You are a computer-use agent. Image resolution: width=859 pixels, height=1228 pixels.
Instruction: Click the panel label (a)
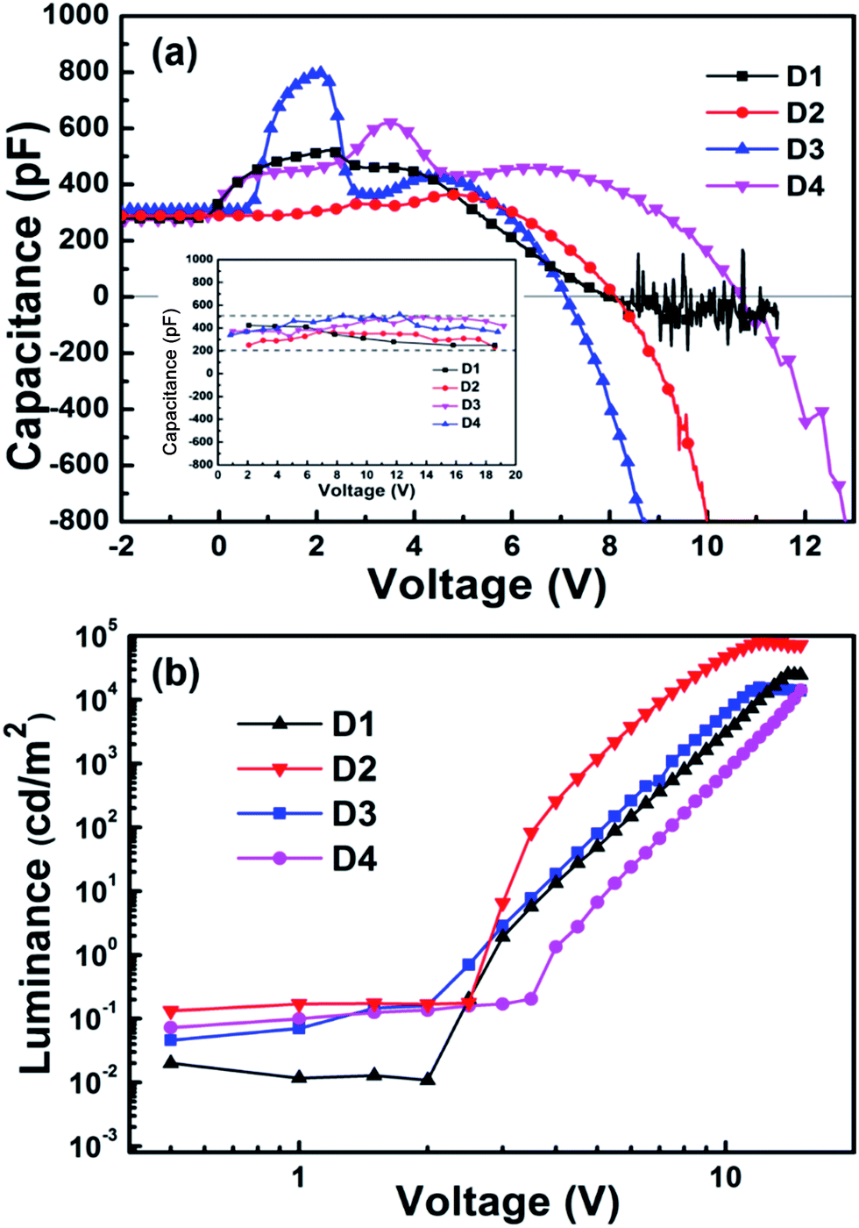click(x=174, y=55)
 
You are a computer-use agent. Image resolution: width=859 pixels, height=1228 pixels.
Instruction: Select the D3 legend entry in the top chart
click(x=805, y=149)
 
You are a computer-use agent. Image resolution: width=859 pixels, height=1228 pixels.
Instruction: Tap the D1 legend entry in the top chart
click(x=805, y=77)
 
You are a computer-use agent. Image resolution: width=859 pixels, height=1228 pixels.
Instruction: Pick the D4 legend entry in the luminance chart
click(x=354, y=859)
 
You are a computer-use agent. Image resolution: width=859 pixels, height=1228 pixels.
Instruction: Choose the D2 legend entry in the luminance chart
click(x=354, y=769)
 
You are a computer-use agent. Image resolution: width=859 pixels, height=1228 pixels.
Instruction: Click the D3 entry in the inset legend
click(x=470, y=405)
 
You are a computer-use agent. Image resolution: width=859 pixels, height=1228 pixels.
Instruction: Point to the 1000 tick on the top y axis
click(x=78, y=16)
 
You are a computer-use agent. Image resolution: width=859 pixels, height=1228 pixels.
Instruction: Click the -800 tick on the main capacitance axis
click(x=84, y=519)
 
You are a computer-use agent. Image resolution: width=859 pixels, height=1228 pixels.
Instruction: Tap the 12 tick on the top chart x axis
click(x=805, y=546)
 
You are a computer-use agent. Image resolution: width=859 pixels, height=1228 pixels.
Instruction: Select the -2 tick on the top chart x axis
click(x=121, y=546)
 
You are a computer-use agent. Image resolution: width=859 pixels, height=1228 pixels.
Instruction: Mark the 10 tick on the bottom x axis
click(x=725, y=1176)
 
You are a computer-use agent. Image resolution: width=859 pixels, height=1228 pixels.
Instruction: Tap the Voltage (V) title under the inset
click(x=366, y=490)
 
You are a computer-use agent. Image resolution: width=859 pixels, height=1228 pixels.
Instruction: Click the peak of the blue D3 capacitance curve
click(x=319, y=73)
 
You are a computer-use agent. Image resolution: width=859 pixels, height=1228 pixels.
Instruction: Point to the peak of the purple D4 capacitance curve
click(x=390, y=125)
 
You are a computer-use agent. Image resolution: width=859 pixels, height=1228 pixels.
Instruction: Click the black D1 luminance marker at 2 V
click(x=427, y=1079)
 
